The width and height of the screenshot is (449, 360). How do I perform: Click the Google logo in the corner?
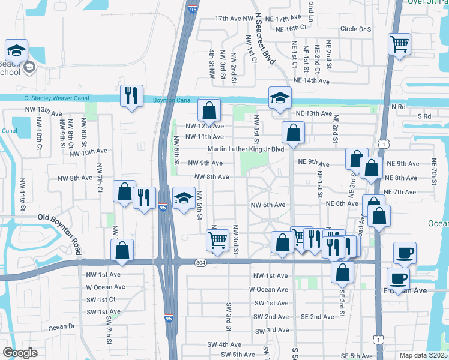(20, 352)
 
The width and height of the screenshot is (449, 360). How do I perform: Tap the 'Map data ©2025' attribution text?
(424, 355)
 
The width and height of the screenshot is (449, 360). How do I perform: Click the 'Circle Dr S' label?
(356, 29)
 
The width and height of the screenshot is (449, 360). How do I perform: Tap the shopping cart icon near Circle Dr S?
(399, 43)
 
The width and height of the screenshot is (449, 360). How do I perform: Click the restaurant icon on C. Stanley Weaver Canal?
(131, 95)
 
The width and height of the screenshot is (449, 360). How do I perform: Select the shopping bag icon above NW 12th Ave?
(209, 110)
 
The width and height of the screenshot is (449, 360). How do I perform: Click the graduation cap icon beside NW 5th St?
(183, 198)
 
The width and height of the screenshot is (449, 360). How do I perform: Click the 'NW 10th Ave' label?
(88, 153)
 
